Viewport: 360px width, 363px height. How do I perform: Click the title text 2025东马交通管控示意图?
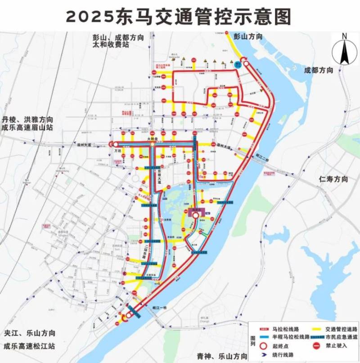tap(179, 17)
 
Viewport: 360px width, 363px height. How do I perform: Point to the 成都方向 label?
tap(318, 70)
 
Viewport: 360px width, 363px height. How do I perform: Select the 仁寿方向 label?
tap(333, 179)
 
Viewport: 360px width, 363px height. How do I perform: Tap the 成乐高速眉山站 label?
tap(28, 128)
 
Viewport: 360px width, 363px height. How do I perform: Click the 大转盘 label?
tap(153, 139)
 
